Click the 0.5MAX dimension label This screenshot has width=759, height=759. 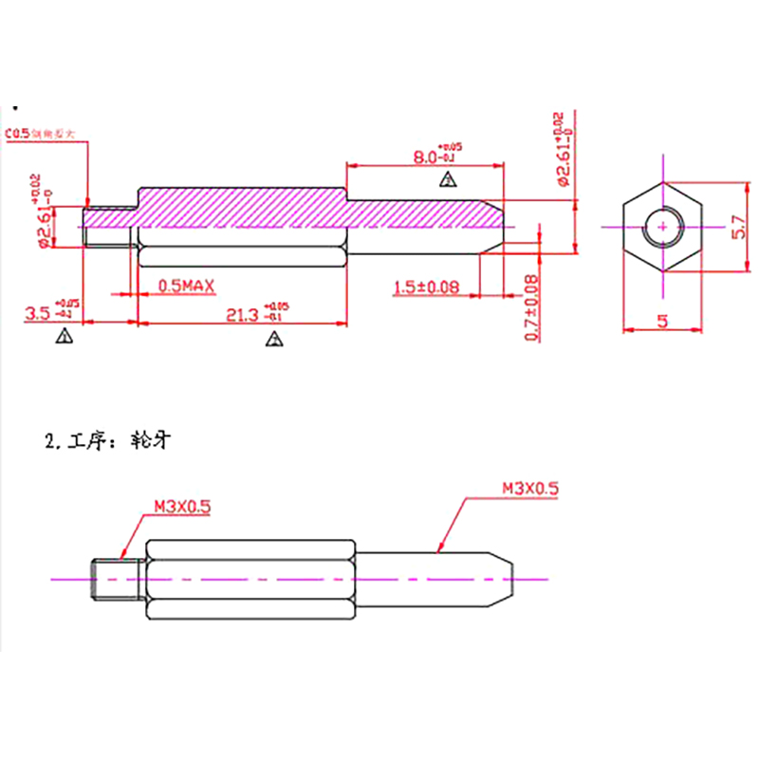tap(187, 285)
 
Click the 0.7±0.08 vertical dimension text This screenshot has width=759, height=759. tap(532, 307)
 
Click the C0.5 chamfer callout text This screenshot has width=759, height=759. tap(18, 135)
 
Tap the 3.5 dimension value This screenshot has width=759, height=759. tap(38, 312)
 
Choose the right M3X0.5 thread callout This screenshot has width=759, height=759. tap(530, 490)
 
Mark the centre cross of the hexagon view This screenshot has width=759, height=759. tap(662, 227)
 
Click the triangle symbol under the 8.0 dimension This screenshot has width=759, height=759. tap(446, 180)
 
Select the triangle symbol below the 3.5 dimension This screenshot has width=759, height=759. tap(65, 335)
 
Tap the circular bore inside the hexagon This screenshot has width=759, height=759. tap(662, 227)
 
